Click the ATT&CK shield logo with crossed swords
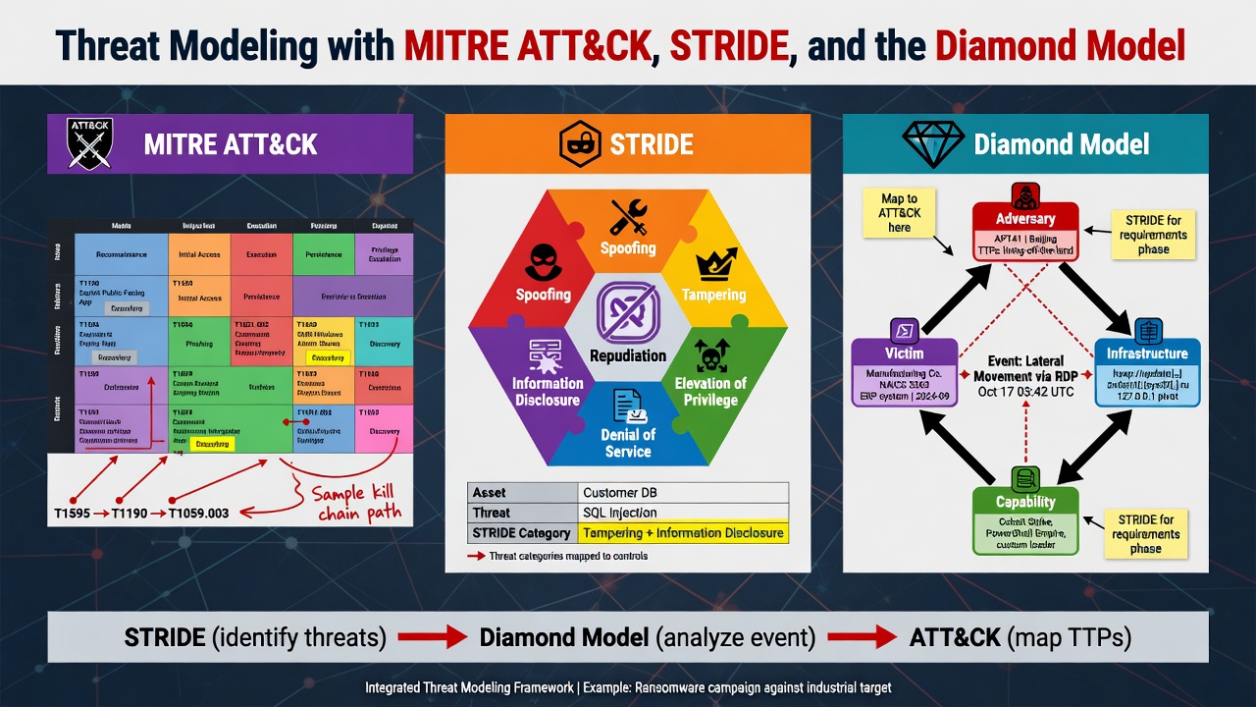pyautogui.click(x=89, y=144)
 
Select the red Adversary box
pyautogui.click(x=1025, y=231)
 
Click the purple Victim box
pyautogui.click(x=903, y=371)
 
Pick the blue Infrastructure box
pyautogui.click(x=1147, y=371)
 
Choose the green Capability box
pyautogui.click(x=1025, y=518)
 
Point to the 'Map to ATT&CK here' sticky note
pyautogui.click(x=899, y=213)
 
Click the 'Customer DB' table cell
pyautogui.click(x=683, y=492)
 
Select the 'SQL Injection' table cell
pyautogui.click(x=683, y=513)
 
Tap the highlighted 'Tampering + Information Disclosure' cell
pyautogui.click(x=683, y=533)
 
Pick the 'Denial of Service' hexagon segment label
pyautogui.click(x=628, y=443)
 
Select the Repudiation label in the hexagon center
pyautogui.click(x=628, y=355)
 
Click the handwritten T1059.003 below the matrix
pyautogui.click(x=198, y=514)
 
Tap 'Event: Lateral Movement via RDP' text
pyautogui.click(x=1024, y=369)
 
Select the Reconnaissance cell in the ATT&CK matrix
pyautogui.click(x=121, y=253)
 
